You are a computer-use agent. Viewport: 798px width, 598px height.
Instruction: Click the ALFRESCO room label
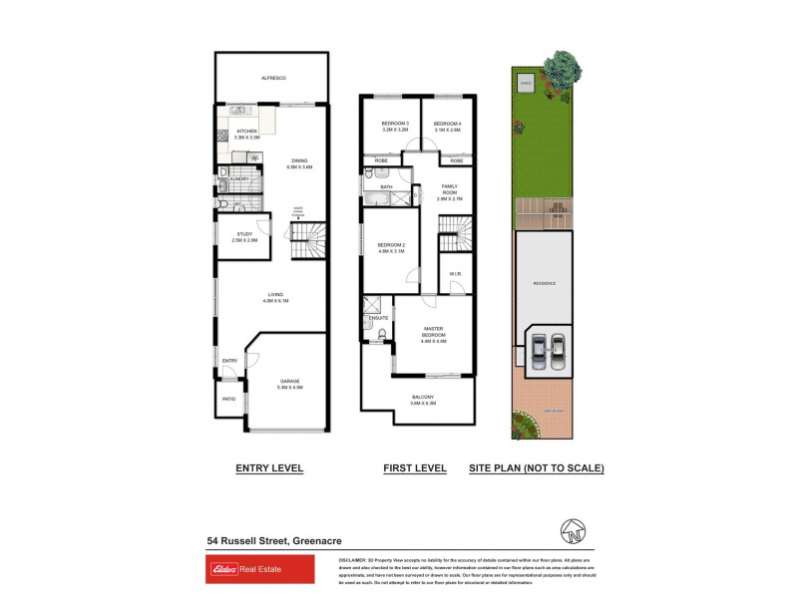(273, 78)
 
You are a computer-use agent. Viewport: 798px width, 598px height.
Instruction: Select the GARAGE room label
(289, 381)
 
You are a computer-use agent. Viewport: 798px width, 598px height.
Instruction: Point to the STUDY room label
(244, 236)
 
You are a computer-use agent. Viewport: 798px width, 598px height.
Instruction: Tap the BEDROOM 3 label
(389, 126)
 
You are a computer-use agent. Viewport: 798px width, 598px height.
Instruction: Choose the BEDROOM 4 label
(447, 126)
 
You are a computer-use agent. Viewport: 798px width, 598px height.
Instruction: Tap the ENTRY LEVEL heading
(269, 467)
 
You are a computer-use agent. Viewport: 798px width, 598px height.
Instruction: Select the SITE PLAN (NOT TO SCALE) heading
(537, 467)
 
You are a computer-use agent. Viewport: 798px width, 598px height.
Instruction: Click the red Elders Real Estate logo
(259, 569)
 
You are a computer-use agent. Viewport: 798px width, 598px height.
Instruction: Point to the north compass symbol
(574, 531)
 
